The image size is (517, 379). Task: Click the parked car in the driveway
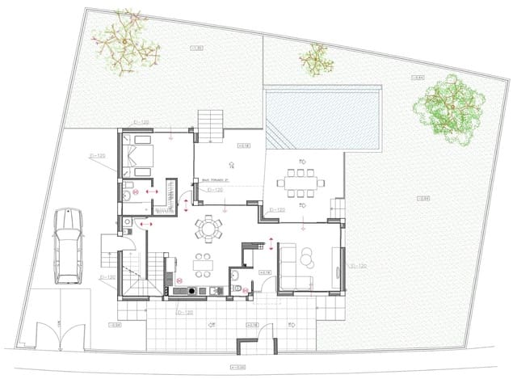tap(68, 247)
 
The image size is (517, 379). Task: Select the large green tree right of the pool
tap(448, 111)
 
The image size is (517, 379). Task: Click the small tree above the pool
tap(316, 57)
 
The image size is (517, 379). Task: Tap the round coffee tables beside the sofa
tap(308, 257)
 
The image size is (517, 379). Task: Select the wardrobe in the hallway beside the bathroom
tap(170, 194)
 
